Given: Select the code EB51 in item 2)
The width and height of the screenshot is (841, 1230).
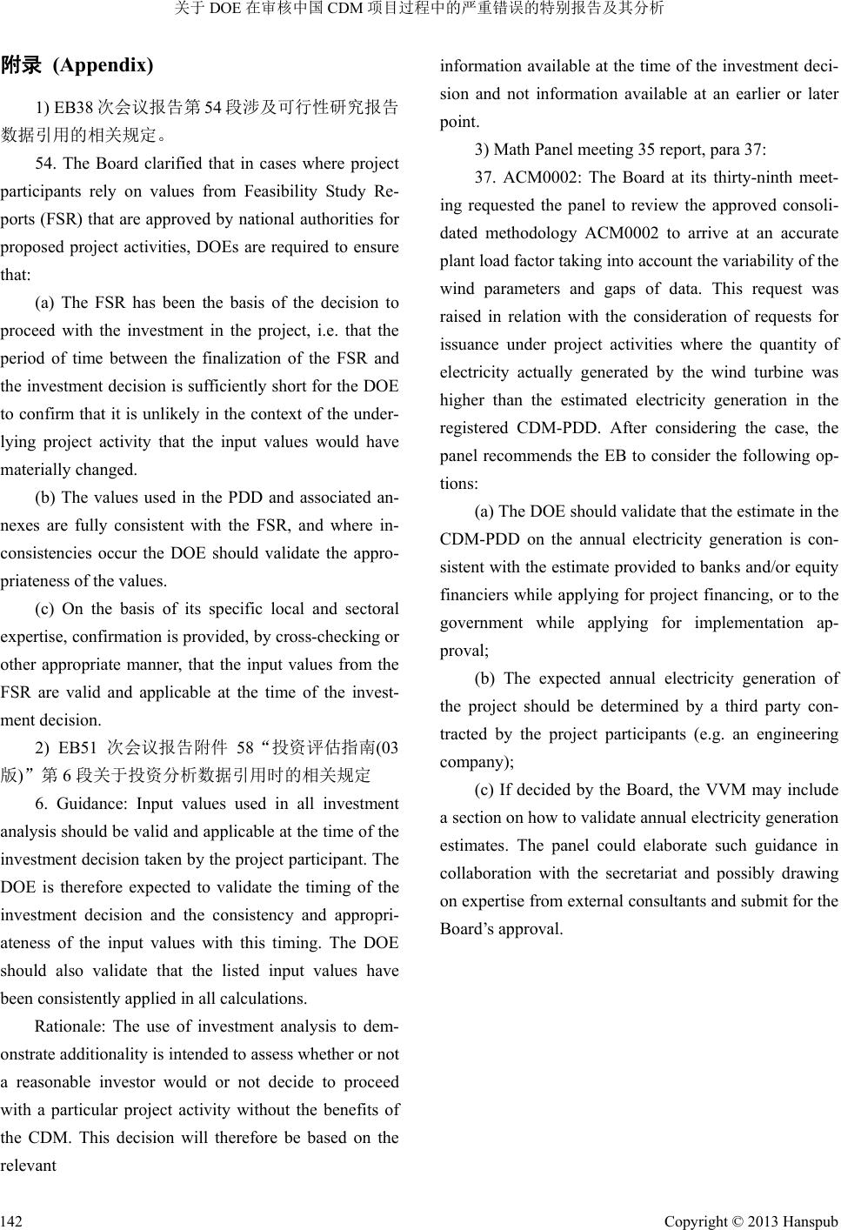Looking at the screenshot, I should click(x=75, y=748).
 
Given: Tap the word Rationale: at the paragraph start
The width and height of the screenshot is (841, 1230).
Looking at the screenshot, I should click(x=70, y=1026).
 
